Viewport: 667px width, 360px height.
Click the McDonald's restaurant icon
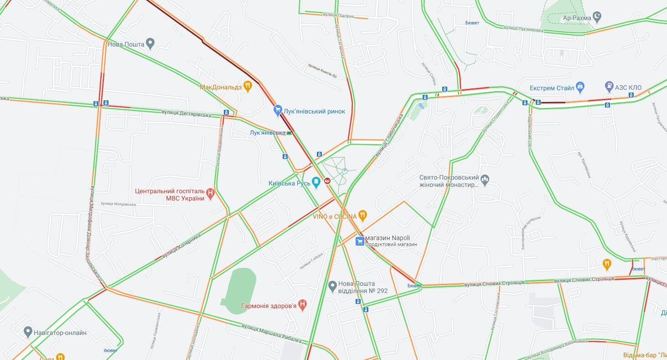(248, 86)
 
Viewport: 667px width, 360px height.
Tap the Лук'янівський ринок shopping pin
(278, 111)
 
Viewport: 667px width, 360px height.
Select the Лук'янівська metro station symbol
(289, 133)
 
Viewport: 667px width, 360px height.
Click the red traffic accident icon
(327, 181)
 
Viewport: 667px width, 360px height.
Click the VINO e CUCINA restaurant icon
(362, 215)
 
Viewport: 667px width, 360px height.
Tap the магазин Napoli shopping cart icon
(360, 241)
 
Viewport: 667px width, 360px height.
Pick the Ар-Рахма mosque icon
(597, 17)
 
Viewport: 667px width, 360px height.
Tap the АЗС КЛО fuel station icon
(609, 86)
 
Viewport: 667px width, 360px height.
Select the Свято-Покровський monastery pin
(485, 180)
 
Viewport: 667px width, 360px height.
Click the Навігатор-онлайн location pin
(28, 332)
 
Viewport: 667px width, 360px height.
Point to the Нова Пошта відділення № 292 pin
(333, 286)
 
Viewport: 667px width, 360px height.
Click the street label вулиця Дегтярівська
(186, 113)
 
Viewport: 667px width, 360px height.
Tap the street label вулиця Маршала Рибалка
(271, 333)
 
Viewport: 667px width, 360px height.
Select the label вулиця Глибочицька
(390, 135)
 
